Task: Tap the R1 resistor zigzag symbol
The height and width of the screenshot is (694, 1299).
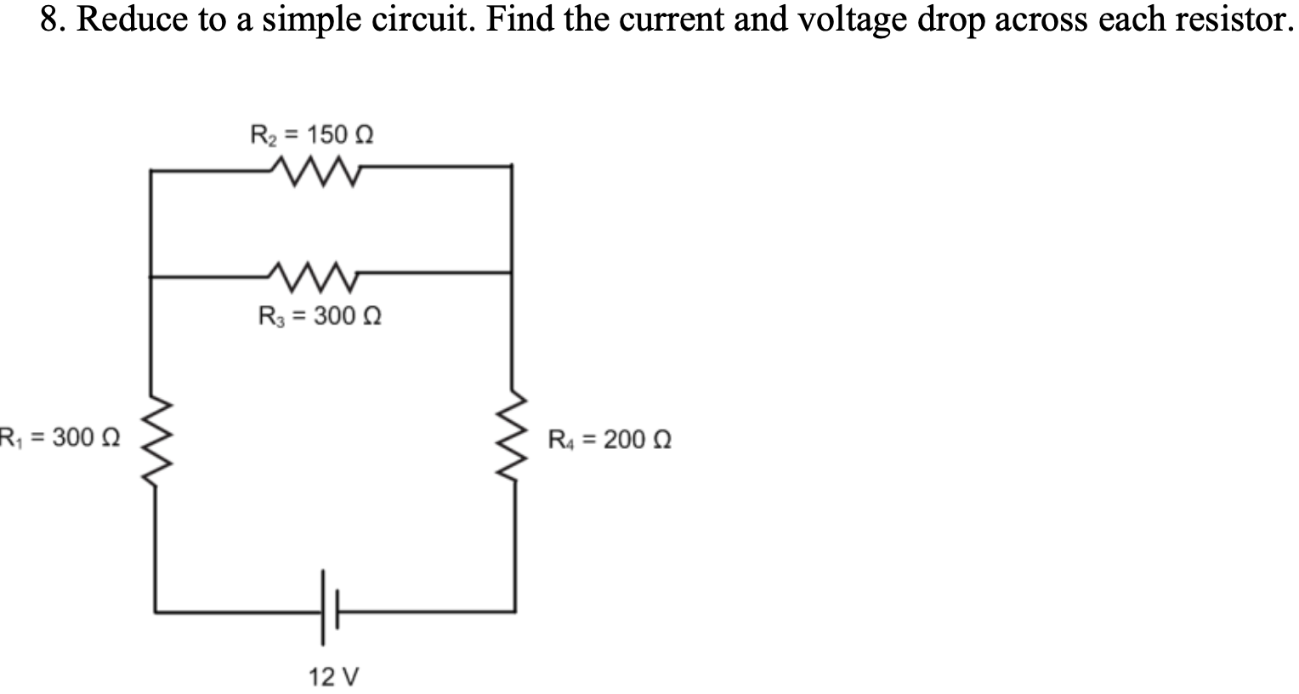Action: [153, 441]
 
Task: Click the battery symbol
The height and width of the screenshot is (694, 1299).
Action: [330, 610]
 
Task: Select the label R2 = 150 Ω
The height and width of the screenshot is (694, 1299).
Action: [313, 134]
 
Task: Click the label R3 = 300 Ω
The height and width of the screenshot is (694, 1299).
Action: [320, 316]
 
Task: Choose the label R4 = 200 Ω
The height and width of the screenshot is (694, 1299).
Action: [610, 441]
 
